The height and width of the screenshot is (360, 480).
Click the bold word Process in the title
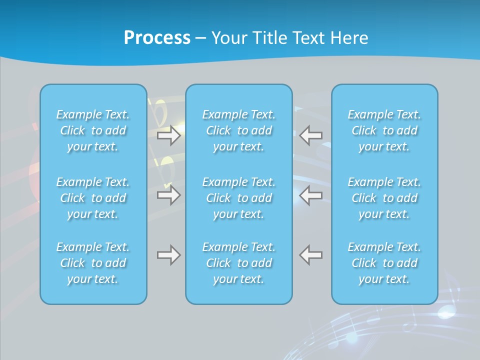(x=157, y=38)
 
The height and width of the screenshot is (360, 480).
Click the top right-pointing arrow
(x=168, y=135)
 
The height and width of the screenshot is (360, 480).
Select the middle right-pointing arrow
(x=168, y=195)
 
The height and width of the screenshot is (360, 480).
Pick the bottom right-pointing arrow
(x=168, y=255)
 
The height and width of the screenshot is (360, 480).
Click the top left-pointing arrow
(x=311, y=135)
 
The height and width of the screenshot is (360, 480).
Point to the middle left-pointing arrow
(x=311, y=195)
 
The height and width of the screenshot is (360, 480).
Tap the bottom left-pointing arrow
(x=311, y=255)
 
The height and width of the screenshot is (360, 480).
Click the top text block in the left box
(x=93, y=130)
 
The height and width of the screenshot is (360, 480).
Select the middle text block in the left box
(x=93, y=198)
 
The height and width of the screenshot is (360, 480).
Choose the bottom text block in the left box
(x=93, y=263)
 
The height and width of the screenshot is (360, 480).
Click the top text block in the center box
(x=239, y=130)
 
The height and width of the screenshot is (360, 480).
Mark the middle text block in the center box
(x=239, y=198)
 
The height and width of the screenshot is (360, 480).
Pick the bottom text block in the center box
(x=239, y=263)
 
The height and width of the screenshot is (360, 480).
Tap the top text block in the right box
(x=384, y=130)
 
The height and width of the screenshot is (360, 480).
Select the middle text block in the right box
(x=384, y=198)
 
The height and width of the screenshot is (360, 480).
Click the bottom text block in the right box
(x=384, y=263)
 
